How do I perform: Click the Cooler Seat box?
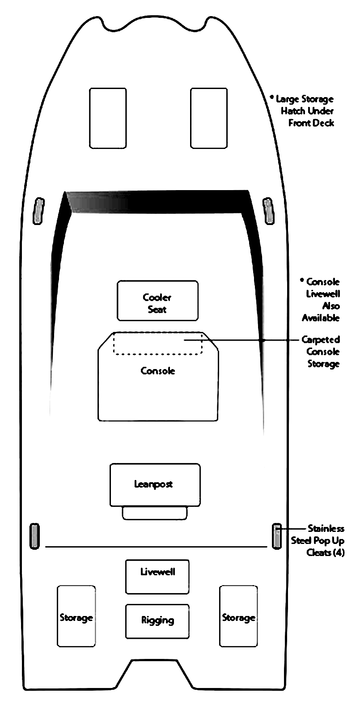(x=158, y=301)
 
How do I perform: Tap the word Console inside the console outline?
(x=158, y=371)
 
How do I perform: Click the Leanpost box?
(x=155, y=485)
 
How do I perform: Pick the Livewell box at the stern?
(x=157, y=577)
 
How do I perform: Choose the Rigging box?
(x=157, y=621)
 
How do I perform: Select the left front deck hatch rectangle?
(x=108, y=118)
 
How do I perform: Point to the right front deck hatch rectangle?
(x=209, y=118)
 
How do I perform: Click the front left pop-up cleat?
(x=39, y=211)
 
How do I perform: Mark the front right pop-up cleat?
(x=268, y=211)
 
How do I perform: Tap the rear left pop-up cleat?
(x=34, y=536)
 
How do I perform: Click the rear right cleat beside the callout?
(x=277, y=536)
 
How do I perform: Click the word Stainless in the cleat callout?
(x=326, y=528)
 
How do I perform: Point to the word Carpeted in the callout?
(x=321, y=340)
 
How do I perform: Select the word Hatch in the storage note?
(x=293, y=111)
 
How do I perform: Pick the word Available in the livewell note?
(x=321, y=318)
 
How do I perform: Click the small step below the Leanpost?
(x=155, y=513)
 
